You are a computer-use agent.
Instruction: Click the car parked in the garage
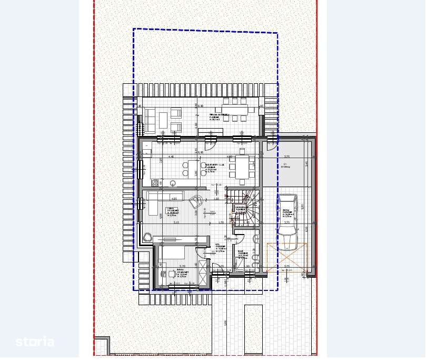287,222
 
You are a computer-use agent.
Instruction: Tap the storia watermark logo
35,342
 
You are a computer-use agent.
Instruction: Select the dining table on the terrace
235,110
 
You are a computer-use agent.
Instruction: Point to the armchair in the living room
196,201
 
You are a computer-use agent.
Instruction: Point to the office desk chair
172,274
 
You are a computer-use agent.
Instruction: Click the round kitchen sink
173,183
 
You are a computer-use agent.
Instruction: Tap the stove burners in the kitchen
154,183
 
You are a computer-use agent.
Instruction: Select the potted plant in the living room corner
146,238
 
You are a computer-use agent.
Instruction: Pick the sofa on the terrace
150,120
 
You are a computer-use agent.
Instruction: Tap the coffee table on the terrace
163,120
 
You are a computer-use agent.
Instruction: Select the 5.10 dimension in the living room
176,223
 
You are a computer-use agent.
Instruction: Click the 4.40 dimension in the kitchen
171,157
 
